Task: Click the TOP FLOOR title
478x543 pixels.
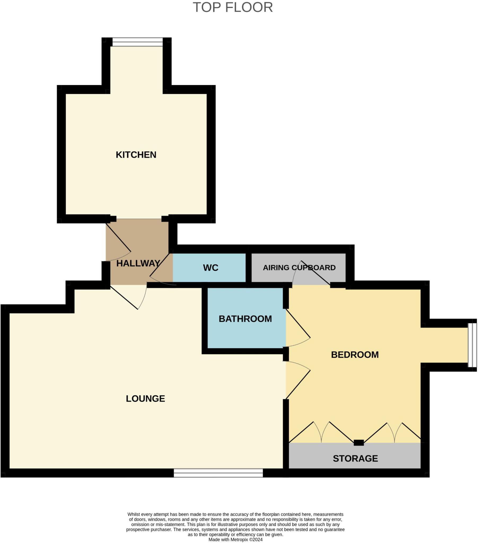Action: [233, 7]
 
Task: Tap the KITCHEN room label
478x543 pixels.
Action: [136, 155]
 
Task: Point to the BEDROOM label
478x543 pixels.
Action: [355, 355]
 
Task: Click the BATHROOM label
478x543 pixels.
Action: [245, 319]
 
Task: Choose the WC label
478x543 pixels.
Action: [211, 268]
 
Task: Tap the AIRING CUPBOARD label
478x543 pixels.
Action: [299, 268]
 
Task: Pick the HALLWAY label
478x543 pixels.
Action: [138, 263]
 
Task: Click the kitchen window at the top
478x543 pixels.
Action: [137, 42]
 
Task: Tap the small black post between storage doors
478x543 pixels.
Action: [359, 443]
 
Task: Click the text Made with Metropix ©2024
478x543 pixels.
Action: [235, 540]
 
